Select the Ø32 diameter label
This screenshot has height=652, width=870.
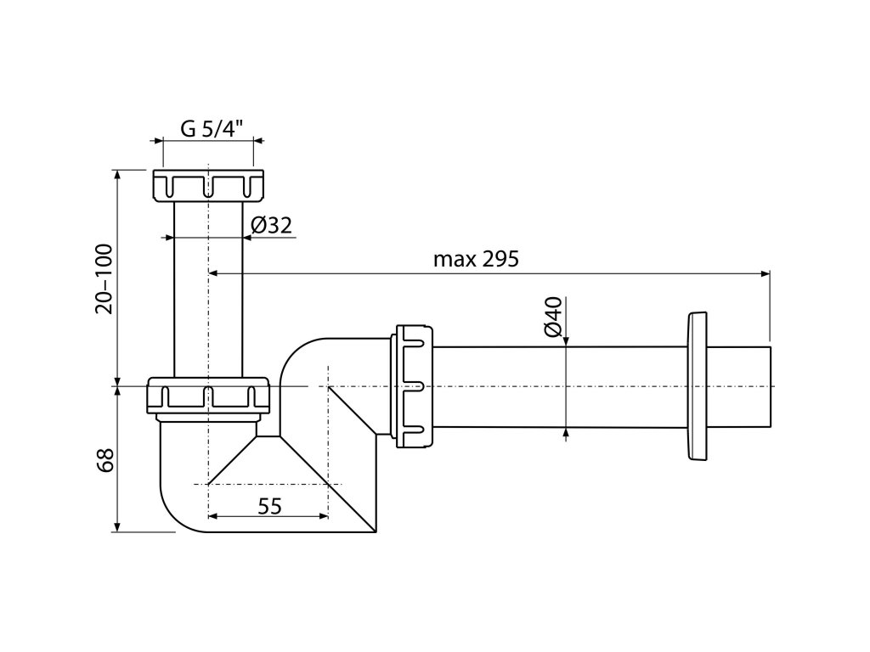pos(272,225)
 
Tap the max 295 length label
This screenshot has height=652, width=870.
pos(475,260)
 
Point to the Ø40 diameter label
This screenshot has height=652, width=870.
pos(553,316)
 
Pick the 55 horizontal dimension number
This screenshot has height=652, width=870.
pos(268,506)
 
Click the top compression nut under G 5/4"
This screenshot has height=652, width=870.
pos(208,186)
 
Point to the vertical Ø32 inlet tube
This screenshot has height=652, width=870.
pos(208,289)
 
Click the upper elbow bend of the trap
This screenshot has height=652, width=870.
pos(306,357)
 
